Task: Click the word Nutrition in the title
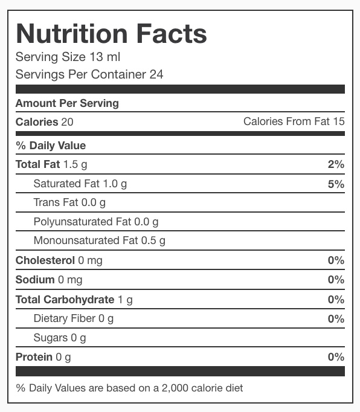point(72,34)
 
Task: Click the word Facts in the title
point(172,34)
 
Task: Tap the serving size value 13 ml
point(105,57)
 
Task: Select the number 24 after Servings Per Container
point(156,74)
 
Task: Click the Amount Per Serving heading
point(67,103)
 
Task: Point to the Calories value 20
point(67,122)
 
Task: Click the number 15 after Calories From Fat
point(339,121)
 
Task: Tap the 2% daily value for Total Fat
point(336,164)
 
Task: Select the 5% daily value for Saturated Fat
point(336,184)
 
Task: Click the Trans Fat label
point(56,202)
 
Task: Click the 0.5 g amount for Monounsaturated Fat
point(153,241)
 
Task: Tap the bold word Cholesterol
point(45,260)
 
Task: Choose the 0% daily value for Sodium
point(336,280)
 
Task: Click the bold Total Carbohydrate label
point(65,300)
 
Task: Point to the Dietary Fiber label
point(65,318)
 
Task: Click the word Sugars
point(51,338)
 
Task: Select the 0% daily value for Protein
point(336,357)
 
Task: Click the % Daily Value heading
point(51,146)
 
